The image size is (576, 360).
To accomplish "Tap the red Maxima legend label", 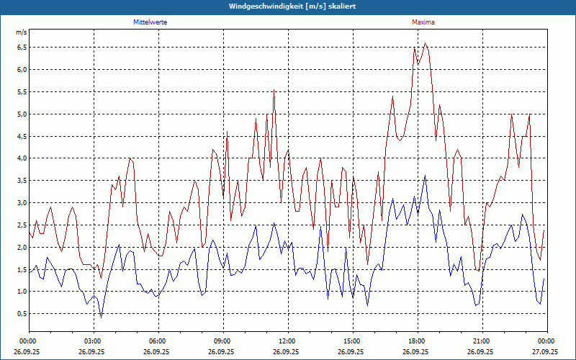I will tap(423, 22).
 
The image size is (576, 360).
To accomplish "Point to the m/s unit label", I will tap(21, 33).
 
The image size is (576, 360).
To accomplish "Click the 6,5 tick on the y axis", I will tap(22, 48).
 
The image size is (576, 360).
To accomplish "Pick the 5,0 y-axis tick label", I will tap(22, 114).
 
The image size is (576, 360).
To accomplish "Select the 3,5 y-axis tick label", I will tap(22, 181).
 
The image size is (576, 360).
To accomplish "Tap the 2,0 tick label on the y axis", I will tap(22, 247).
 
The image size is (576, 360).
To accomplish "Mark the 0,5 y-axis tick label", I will tap(22, 314).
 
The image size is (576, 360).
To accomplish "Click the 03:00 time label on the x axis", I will tap(93, 341).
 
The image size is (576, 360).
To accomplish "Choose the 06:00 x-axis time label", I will tap(158, 341).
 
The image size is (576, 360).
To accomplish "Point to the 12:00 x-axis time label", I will tap(287, 341).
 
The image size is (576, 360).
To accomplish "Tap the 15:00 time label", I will tap(352, 341).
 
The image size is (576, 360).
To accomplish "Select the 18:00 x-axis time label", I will tap(417, 341).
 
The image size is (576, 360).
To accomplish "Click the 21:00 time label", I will tap(482, 341).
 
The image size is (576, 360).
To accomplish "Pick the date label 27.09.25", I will tap(546, 352).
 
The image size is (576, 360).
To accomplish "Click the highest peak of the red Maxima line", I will tap(426, 43).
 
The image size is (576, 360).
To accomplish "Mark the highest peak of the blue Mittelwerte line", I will tap(426, 175).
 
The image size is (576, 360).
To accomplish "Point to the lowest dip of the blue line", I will tap(102, 317).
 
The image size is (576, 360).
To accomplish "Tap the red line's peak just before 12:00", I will tap(274, 90).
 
